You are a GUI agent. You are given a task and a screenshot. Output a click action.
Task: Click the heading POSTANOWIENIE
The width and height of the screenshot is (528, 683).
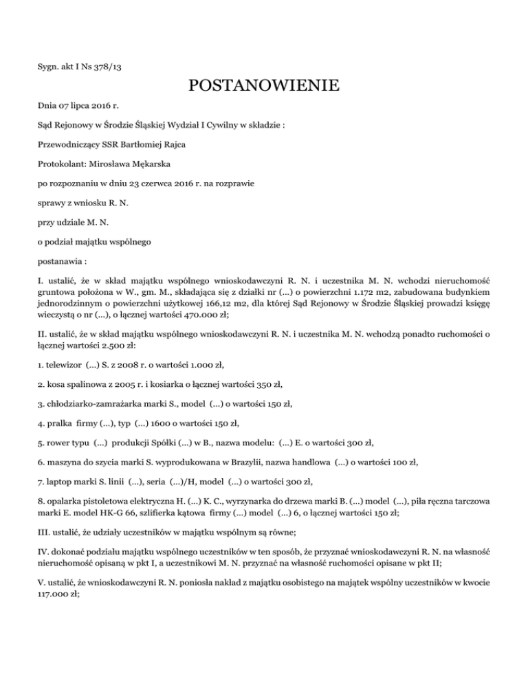pyautogui.click(x=263, y=87)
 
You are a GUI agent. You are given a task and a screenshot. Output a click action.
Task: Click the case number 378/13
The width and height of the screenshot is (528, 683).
pyautogui.click(x=115, y=67)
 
